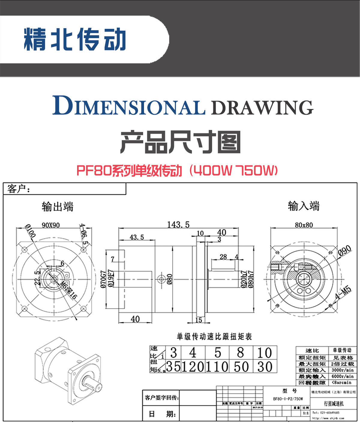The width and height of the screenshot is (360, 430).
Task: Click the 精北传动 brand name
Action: point(75,39)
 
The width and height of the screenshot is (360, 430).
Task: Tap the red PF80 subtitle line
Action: point(177,171)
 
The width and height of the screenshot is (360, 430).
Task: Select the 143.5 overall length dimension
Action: point(178,225)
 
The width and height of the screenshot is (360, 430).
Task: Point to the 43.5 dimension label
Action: point(136,237)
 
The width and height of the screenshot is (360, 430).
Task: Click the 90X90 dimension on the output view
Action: point(50,225)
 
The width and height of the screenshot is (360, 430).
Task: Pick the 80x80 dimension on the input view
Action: point(304,225)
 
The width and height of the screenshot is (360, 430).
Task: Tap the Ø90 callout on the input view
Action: point(344,250)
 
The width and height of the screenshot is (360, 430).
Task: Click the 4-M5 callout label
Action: point(343,293)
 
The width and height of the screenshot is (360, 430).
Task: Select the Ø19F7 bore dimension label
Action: point(111,278)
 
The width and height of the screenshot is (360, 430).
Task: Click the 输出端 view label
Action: point(57,207)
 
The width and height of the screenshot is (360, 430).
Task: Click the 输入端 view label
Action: point(304,206)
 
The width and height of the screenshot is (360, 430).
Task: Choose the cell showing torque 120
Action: point(193,367)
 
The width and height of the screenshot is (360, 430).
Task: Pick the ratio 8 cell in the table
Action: point(241,353)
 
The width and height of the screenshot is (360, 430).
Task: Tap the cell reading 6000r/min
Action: point(342,376)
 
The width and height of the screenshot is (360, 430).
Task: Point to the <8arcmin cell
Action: point(342,383)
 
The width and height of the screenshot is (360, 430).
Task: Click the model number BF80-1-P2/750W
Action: point(288,399)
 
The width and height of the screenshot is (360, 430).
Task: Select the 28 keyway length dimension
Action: point(223,257)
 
